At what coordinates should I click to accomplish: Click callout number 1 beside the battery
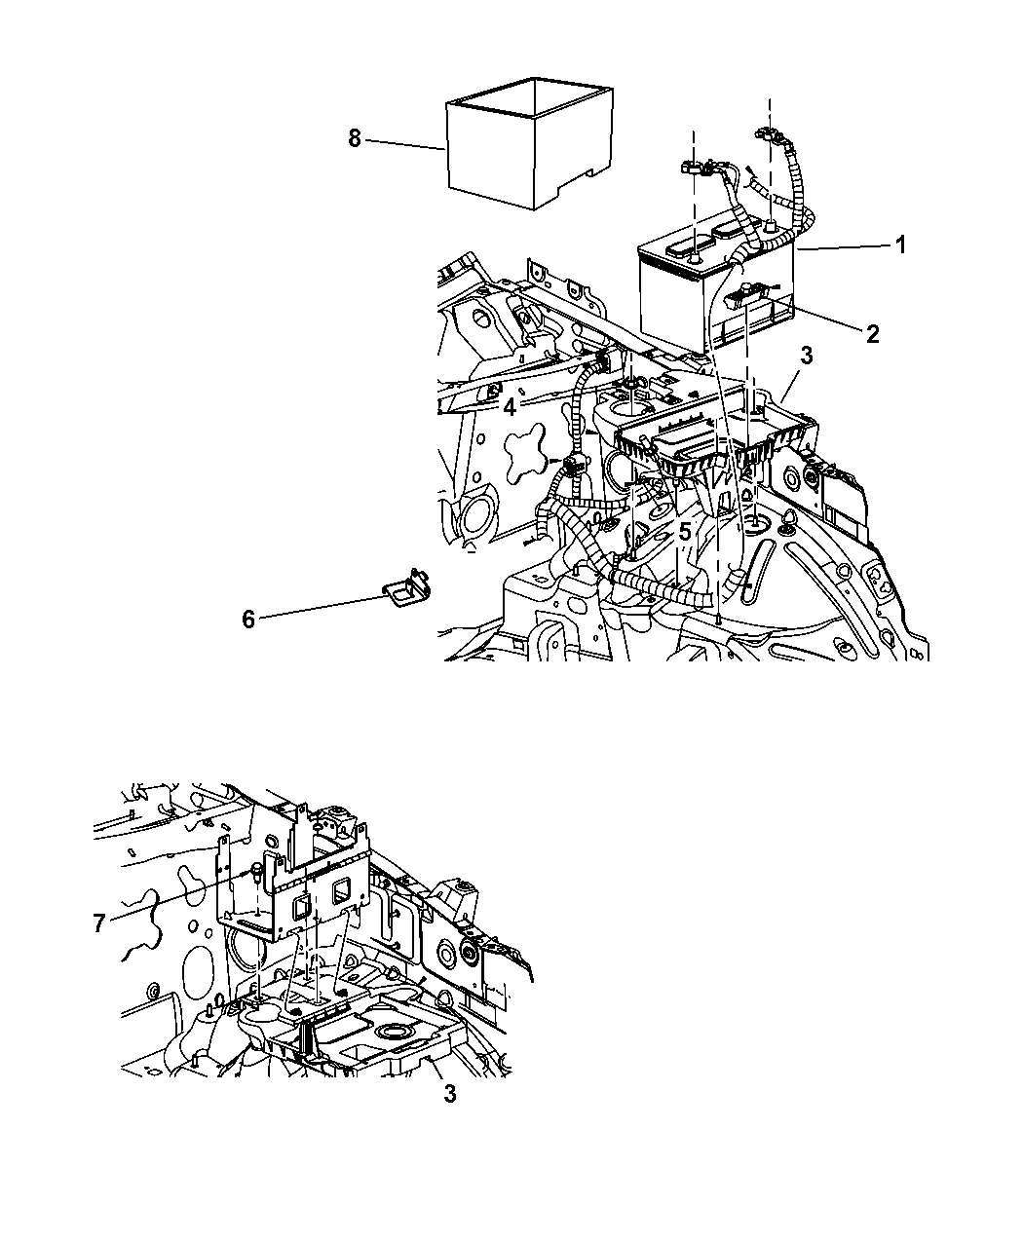pyautogui.click(x=901, y=245)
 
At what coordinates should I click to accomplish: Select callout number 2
pyautogui.click(x=872, y=334)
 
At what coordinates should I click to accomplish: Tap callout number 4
pyautogui.click(x=510, y=408)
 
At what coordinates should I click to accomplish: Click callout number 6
pyautogui.click(x=248, y=620)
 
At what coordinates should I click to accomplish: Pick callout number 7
pyautogui.click(x=98, y=923)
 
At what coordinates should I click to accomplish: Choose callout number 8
pyautogui.click(x=355, y=139)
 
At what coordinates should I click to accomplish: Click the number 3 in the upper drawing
pyautogui.click(x=807, y=356)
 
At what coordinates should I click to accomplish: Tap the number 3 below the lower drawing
pyautogui.click(x=450, y=1110)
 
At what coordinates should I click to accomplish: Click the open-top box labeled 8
pyautogui.click(x=530, y=143)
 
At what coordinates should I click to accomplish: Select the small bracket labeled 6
pyautogui.click(x=407, y=590)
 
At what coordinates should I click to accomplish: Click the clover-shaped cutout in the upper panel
pyautogui.click(x=525, y=453)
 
